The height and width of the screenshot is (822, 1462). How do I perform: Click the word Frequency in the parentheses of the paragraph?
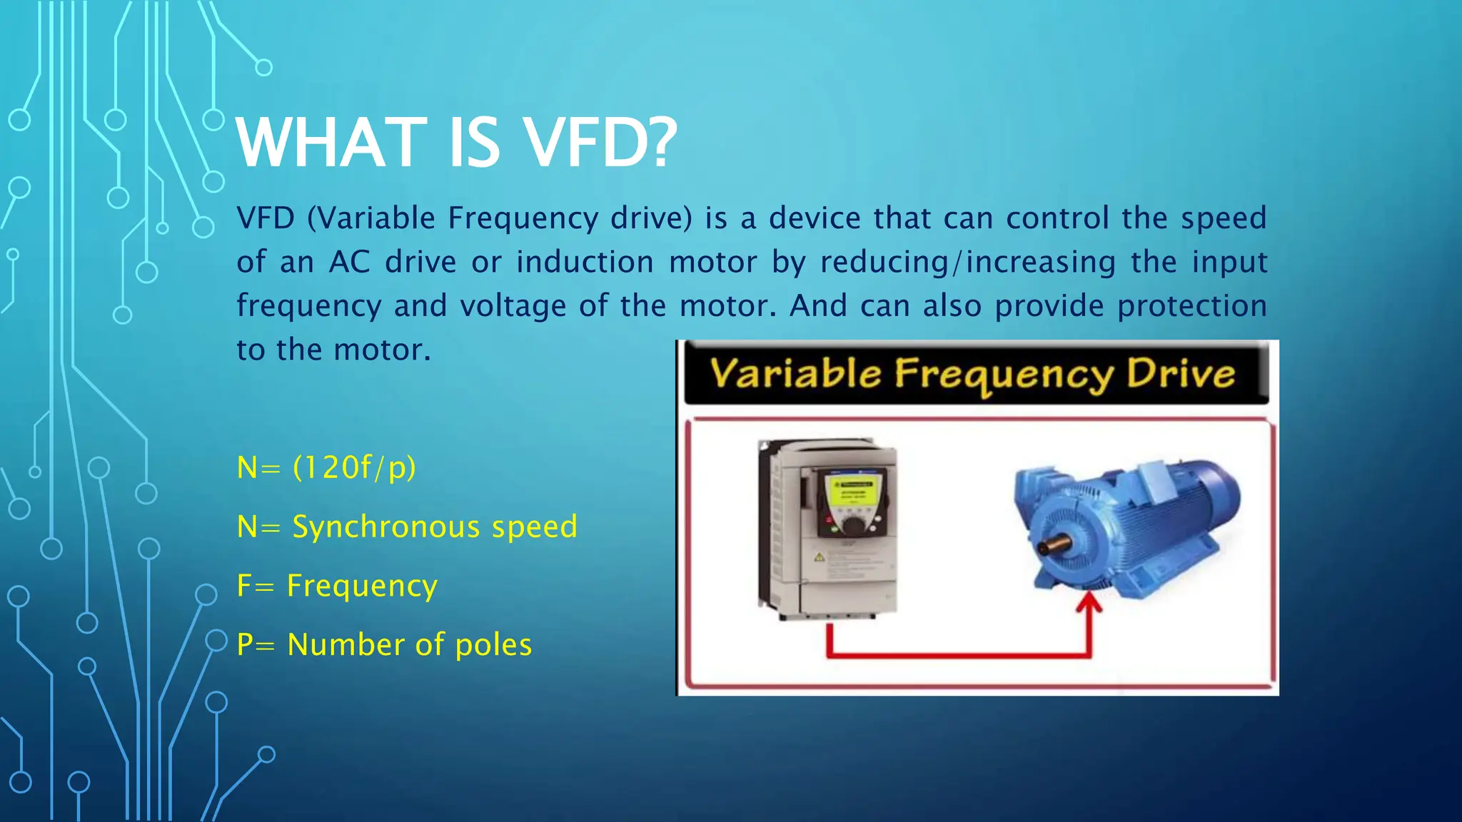(523, 218)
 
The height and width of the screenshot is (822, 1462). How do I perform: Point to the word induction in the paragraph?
(585, 262)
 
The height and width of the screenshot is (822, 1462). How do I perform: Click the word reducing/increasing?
(967, 262)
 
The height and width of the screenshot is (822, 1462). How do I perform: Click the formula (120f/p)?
(354, 468)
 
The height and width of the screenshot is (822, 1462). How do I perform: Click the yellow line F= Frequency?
(337, 586)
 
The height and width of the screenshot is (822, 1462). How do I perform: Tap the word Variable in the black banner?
(795, 374)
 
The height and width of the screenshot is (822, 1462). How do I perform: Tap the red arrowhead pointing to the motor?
(1089, 604)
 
